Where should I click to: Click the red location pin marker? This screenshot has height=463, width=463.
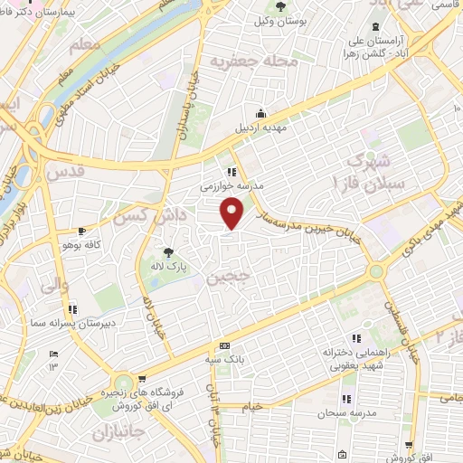coord(233,212)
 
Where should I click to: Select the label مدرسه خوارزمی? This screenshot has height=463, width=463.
coord(232,184)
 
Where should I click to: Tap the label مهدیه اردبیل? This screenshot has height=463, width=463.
coord(260,127)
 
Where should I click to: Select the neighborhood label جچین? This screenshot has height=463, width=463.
coord(224,278)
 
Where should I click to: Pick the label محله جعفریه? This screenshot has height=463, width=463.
coord(241,61)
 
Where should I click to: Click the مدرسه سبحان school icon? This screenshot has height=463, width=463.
coord(346,398)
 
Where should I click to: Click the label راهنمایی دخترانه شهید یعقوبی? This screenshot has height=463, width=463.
coord(346,359)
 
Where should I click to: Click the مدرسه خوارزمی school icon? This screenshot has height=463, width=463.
coord(232,171)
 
